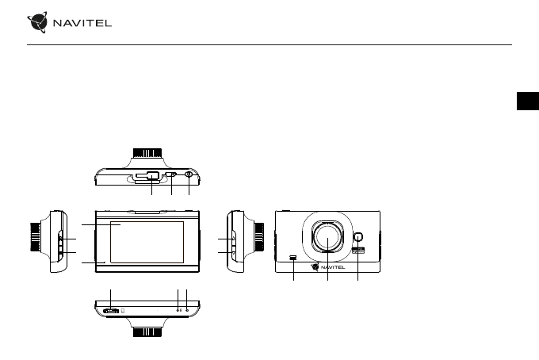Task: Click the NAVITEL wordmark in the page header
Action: [x=82, y=23]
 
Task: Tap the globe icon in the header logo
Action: [x=37, y=22]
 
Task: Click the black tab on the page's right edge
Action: [x=528, y=101]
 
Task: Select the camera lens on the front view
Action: [x=327, y=236]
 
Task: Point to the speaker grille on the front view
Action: [x=293, y=257]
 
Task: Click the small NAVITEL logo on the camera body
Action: [x=328, y=266]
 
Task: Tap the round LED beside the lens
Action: [x=358, y=237]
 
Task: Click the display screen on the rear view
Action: [x=147, y=242]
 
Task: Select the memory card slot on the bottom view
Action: [x=111, y=311]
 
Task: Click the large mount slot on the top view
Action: [x=147, y=176]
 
